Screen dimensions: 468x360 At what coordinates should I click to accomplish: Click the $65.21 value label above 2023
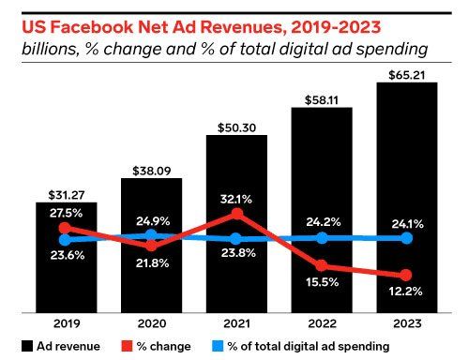pos(407,75)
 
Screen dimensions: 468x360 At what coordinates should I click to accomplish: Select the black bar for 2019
pos(67,258)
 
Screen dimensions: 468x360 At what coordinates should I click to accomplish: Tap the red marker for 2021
pos(237,214)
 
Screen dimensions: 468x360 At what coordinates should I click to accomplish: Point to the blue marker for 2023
pos(406,238)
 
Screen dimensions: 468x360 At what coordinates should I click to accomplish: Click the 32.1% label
pos(236,199)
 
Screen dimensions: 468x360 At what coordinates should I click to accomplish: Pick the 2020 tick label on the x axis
pos(152,323)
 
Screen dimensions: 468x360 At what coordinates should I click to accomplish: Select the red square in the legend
pos(127,346)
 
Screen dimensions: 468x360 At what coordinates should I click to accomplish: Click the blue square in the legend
pos(218,346)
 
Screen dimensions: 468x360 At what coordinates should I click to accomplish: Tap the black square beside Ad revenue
pos(27,346)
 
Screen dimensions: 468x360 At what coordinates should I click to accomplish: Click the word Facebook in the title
pos(91,27)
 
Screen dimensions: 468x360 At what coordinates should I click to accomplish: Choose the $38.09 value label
pos(152,171)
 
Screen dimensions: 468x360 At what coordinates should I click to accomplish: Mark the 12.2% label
pos(405,292)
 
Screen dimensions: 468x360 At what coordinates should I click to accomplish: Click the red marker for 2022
pos(322,265)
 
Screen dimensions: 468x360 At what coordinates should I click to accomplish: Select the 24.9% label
pos(153,221)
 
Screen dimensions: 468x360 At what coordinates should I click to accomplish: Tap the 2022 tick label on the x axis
pos(322,323)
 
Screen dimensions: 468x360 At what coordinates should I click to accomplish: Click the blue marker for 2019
pos(66,240)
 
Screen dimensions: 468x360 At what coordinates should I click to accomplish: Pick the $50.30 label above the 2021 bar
pos(236,127)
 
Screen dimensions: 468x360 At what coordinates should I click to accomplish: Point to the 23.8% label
pos(238,252)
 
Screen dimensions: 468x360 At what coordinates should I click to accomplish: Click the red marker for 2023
pos(406,276)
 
